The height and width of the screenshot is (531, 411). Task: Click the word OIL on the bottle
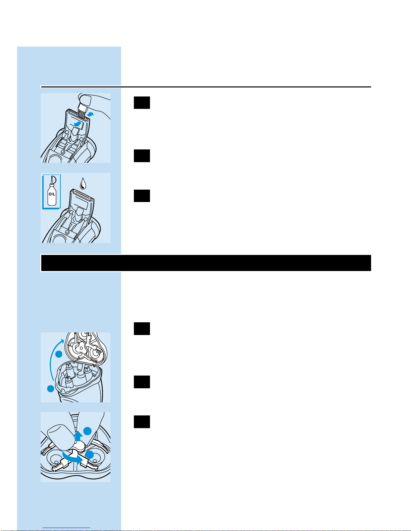[52, 194]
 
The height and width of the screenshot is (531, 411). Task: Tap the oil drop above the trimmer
[83, 184]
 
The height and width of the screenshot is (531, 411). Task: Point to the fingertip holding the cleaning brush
[85, 100]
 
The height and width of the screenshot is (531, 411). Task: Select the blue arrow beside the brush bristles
[91, 114]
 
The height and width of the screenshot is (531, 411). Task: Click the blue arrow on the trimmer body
[78, 124]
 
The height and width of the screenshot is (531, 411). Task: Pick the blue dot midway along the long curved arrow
[59, 354]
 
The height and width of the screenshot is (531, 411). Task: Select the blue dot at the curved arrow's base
[51, 389]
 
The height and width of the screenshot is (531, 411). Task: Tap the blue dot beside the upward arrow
[87, 431]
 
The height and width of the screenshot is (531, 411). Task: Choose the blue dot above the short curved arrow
[90, 455]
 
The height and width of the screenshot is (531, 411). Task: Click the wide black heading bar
[206, 263]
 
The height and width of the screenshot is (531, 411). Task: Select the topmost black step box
[142, 103]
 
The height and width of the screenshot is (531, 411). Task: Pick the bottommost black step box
[142, 422]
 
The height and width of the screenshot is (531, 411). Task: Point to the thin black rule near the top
[206, 87]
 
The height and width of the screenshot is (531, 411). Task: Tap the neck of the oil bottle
[52, 184]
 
